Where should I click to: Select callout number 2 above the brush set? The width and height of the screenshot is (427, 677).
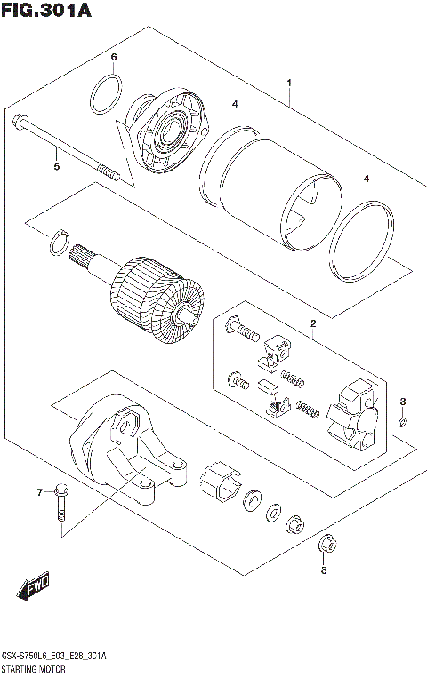[x=312, y=323]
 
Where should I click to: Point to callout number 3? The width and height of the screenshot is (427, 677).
[x=402, y=402]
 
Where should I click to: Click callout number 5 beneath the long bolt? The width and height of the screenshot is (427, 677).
[x=56, y=166]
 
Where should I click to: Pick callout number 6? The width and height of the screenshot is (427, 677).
[x=114, y=58]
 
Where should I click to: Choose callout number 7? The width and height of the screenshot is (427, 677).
[x=39, y=491]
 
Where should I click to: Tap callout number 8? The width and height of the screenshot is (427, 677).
[x=324, y=570]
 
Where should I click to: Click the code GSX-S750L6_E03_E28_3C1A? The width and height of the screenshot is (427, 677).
[x=54, y=655]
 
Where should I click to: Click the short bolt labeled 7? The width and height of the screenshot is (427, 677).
[x=61, y=501]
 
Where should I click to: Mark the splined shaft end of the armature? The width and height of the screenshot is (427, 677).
[x=87, y=258]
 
